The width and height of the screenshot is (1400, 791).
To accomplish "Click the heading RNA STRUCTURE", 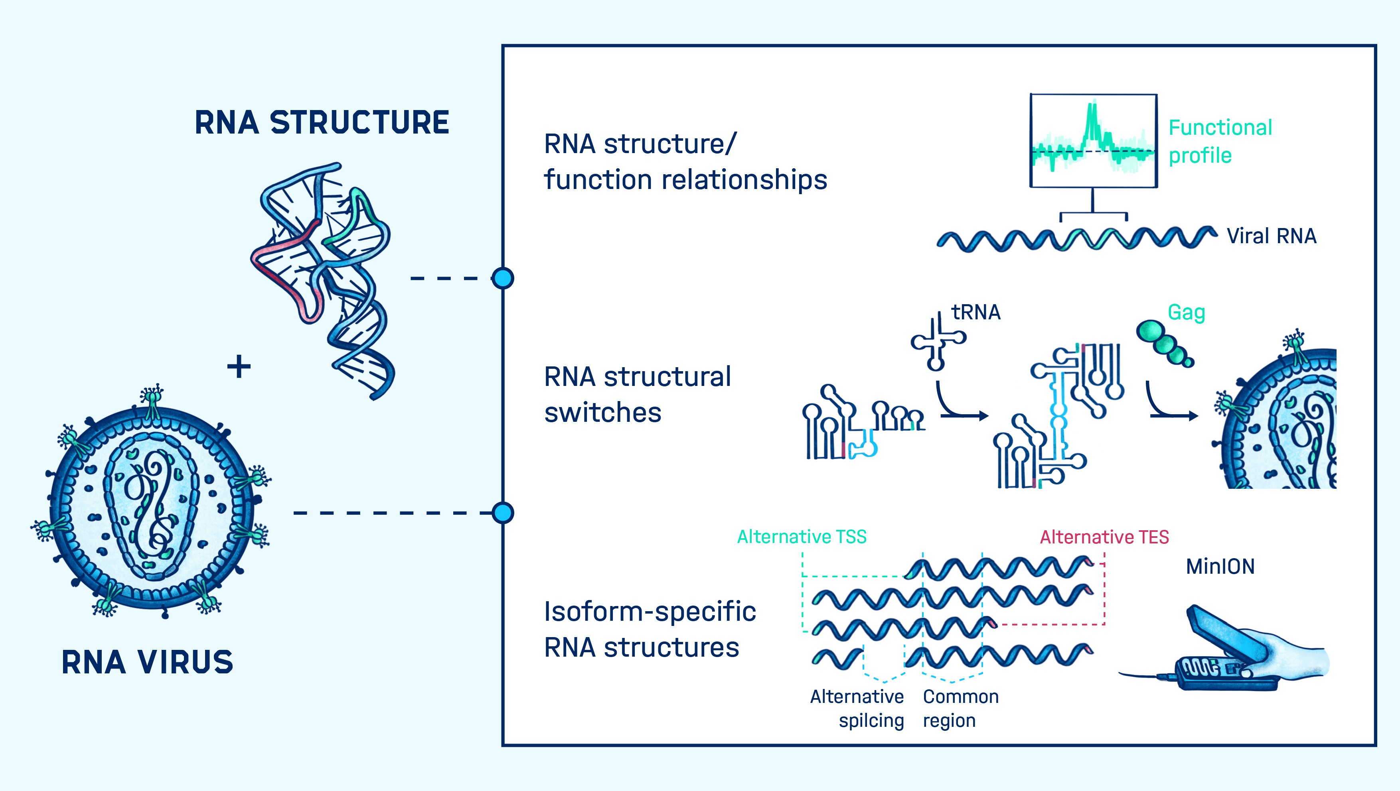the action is [x=322, y=122].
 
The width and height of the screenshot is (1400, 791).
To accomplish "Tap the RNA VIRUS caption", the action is [x=147, y=662].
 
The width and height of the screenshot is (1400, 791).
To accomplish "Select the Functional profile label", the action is [x=1220, y=141].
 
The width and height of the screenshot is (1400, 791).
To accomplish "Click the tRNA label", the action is [x=975, y=313].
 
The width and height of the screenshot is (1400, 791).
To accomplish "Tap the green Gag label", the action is [x=1187, y=313].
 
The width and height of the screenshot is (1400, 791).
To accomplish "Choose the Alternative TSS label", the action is [x=802, y=537].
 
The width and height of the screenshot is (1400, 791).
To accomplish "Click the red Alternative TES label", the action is [x=1104, y=537].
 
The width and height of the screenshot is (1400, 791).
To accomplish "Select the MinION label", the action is [x=1220, y=567].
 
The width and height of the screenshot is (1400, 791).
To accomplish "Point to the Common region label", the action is [x=961, y=708].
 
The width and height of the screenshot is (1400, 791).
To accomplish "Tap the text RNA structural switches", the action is [x=638, y=394].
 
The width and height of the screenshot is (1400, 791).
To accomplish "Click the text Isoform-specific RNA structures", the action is [x=650, y=629].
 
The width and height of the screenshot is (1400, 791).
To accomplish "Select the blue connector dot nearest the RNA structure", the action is [x=503, y=278].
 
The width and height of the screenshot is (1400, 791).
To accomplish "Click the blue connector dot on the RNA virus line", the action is [x=503, y=513].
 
